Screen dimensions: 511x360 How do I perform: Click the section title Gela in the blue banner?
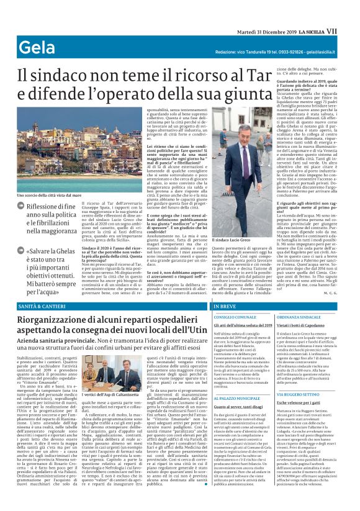click(38, 48)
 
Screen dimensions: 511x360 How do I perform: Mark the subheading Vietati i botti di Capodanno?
click(305, 326)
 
